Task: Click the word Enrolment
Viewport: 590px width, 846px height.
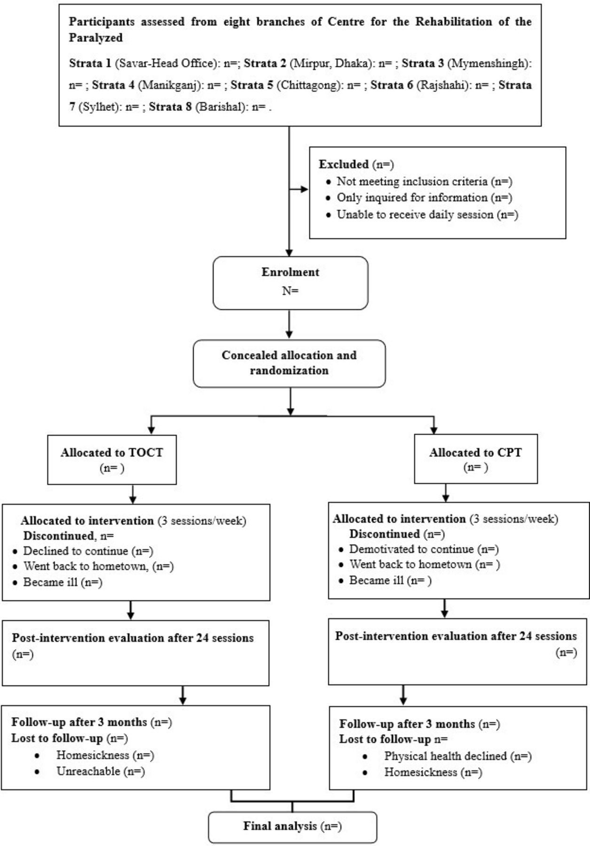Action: pyautogui.click(x=290, y=272)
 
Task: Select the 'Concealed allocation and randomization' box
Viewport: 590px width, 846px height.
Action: pyautogui.click(x=289, y=363)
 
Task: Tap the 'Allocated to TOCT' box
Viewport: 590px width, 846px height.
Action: pyautogui.click(x=112, y=459)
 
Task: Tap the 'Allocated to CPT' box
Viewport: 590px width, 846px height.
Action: pyautogui.click(x=475, y=459)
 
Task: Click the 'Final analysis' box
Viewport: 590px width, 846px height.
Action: pyautogui.click(x=292, y=826)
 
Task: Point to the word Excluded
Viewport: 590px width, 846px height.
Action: pyautogui.click(x=344, y=164)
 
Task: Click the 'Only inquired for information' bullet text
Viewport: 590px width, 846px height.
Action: pyautogui.click(x=412, y=198)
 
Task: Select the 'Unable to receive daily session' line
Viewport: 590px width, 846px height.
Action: pyautogui.click(x=415, y=215)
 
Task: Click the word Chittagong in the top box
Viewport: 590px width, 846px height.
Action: pyautogui.click(x=307, y=86)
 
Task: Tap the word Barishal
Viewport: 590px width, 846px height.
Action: pyautogui.click(x=219, y=107)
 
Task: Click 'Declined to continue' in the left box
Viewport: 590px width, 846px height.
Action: pyautogui.click(x=75, y=551)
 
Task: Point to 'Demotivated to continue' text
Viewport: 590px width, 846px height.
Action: pyautogui.click(x=411, y=549)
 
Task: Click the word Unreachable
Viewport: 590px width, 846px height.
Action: pyautogui.click(x=88, y=771)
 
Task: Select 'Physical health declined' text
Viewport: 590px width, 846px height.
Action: pyautogui.click(x=445, y=756)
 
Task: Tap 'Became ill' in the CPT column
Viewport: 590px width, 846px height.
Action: pyautogui.click(x=376, y=580)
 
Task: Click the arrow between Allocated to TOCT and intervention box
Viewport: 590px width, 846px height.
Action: pyautogui.click(x=133, y=494)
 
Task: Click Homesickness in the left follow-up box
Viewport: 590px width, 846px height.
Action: pyautogui.click(x=93, y=755)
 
